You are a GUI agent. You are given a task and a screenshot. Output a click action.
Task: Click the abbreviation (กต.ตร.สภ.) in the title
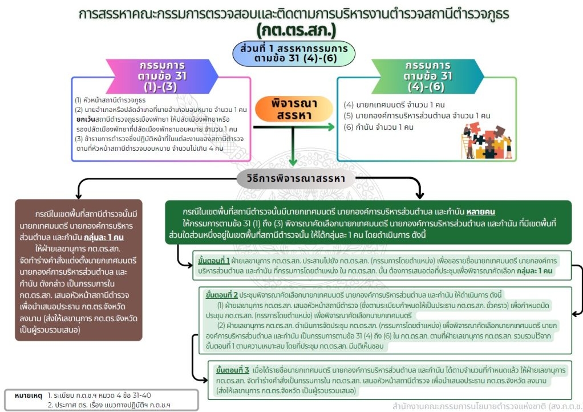(x=296, y=30)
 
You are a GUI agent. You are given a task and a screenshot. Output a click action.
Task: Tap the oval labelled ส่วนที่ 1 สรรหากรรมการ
(x=294, y=54)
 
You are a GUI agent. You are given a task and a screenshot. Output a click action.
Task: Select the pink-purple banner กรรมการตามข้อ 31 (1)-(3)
(x=162, y=77)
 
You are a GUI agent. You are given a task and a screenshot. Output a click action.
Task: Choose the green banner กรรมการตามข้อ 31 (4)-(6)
(x=428, y=77)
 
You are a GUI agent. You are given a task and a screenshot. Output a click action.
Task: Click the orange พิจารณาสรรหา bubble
(x=294, y=109)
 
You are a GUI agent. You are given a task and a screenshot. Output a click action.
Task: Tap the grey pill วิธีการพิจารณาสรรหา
(x=296, y=179)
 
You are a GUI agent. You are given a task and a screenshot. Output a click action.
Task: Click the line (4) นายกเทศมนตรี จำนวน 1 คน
(x=394, y=105)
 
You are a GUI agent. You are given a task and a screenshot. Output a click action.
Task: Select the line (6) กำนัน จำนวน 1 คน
(x=379, y=127)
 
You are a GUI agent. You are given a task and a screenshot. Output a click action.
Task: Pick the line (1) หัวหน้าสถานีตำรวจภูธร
(x=110, y=100)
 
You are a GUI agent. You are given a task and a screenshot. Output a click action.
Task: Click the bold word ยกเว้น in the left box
(x=86, y=119)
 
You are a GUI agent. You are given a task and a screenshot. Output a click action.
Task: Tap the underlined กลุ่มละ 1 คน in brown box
(x=104, y=238)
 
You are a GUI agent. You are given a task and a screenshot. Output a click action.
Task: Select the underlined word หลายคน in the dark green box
(x=481, y=212)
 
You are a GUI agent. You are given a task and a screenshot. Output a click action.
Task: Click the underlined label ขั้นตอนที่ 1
(x=214, y=261)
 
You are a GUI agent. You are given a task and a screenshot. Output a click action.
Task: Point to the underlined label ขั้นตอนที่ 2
(x=221, y=295)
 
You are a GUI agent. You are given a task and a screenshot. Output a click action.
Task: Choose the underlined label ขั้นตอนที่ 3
(x=232, y=370)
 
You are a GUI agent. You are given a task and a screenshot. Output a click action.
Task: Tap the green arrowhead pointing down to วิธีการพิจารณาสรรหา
(x=293, y=162)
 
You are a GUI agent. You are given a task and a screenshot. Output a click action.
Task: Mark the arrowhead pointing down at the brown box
(x=79, y=195)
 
